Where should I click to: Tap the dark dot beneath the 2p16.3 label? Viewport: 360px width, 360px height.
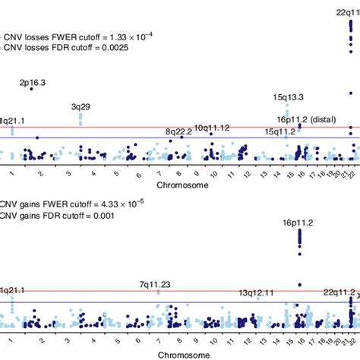coord(31,89)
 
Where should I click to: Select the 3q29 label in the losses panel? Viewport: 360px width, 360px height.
coord(81,107)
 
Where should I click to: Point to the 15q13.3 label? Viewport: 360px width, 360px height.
coord(289,96)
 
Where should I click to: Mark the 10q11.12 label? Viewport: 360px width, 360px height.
coord(212,128)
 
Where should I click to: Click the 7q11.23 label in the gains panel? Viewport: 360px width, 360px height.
coord(155,285)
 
